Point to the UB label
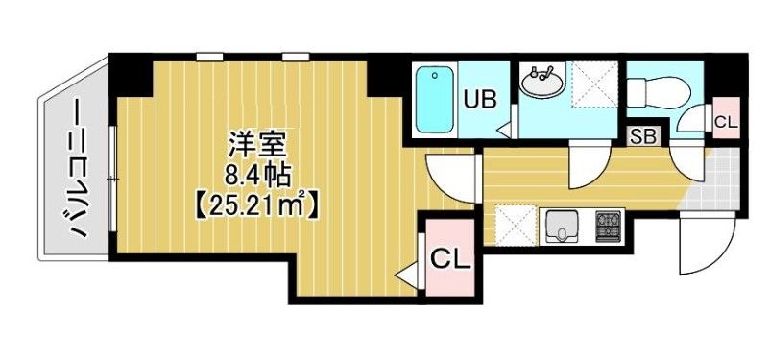[x=479, y=98]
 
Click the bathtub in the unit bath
[x=436, y=101]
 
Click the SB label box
[x=643, y=135]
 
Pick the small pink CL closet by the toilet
[x=726, y=120]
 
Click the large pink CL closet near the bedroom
[x=450, y=258]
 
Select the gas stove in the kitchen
[x=609, y=227]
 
